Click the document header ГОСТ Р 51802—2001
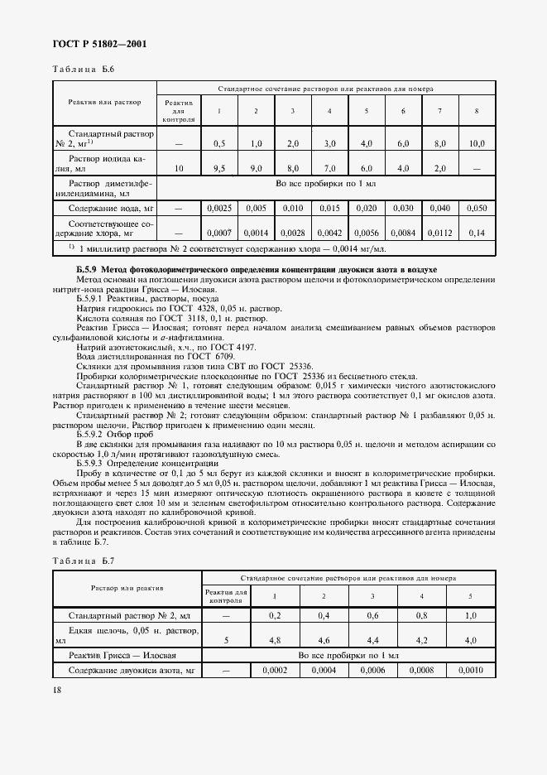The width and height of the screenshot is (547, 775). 94,44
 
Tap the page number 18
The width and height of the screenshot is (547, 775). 55,690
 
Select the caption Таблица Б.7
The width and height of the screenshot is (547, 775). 81,563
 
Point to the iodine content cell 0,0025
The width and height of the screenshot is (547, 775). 219,208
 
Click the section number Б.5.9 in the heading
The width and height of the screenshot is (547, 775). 86,271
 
